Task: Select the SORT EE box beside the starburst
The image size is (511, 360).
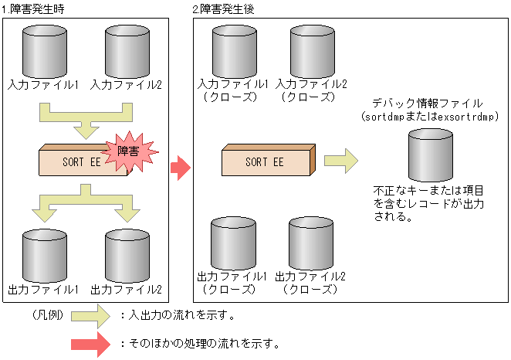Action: click(77, 163)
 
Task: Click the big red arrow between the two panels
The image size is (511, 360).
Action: click(180, 167)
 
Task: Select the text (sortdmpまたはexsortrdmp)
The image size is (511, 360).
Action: click(427, 116)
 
